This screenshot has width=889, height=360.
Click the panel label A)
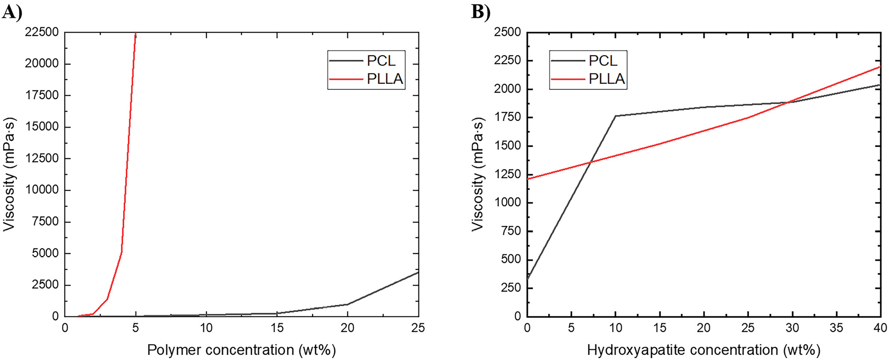tap(12, 12)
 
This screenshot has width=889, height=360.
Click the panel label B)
tap(481, 12)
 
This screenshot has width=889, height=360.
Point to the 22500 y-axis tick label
tap(42, 32)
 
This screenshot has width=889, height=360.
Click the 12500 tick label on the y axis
tap(42, 159)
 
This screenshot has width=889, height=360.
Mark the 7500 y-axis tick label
tap(45, 221)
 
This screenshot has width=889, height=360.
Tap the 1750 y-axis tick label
tap(508, 117)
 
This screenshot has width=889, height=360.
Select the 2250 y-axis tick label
tap(508, 60)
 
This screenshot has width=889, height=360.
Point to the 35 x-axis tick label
tap(836, 328)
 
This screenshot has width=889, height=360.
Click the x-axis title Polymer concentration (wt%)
tap(241, 350)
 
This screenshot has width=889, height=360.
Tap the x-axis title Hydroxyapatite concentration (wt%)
tap(703, 350)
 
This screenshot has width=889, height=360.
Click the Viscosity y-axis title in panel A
tap(9, 174)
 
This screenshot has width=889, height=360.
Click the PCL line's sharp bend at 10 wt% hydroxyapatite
tap(615, 116)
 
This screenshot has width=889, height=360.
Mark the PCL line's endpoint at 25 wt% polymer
tap(418, 272)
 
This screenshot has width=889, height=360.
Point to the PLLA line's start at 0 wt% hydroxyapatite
tap(528, 179)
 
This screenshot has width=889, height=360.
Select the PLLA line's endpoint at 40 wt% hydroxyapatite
tap(880, 67)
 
